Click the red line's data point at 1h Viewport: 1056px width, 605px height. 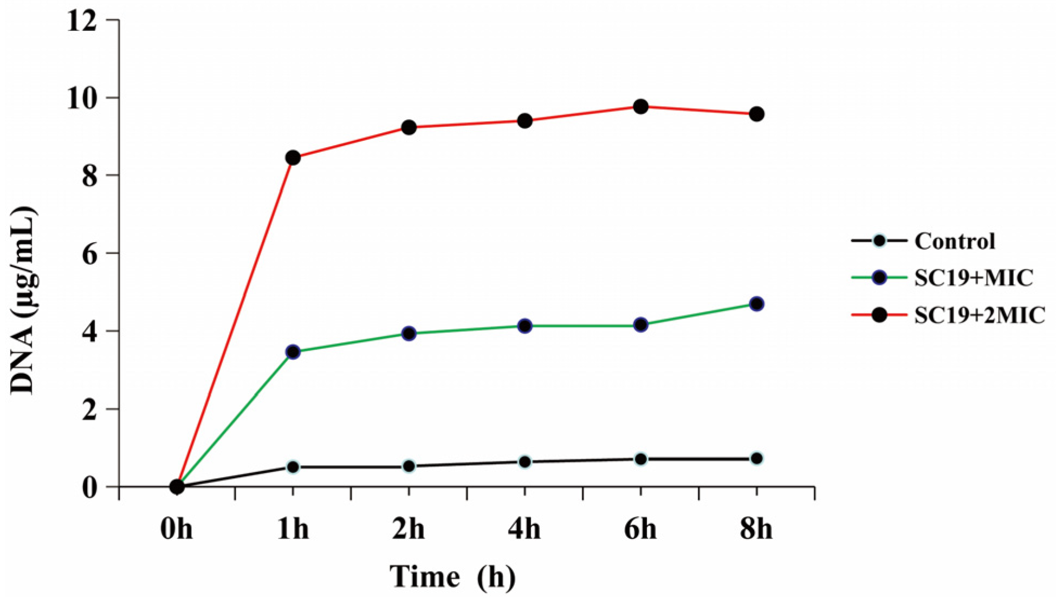pyautogui.click(x=293, y=158)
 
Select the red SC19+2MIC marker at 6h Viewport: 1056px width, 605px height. pyautogui.click(x=640, y=107)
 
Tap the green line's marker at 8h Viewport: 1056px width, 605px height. pyautogui.click(x=756, y=304)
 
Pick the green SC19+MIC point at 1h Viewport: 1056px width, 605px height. pyautogui.click(x=293, y=352)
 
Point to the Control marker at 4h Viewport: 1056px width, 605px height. pyautogui.click(x=524, y=462)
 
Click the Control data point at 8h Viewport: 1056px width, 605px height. pyautogui.click(x=756, y=459)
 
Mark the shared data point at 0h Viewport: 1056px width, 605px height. pyautogui.click(x=177, y=486)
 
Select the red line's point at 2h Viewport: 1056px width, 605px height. pyautogui.click(x=409, y=127)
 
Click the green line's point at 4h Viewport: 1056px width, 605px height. pyautogui.click(x=524, y=326)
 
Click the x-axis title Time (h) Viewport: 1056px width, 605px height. pyautogui.click(x=452, y=577)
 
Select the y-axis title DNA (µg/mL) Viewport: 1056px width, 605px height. pyautogui.click(x=24, y=301)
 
